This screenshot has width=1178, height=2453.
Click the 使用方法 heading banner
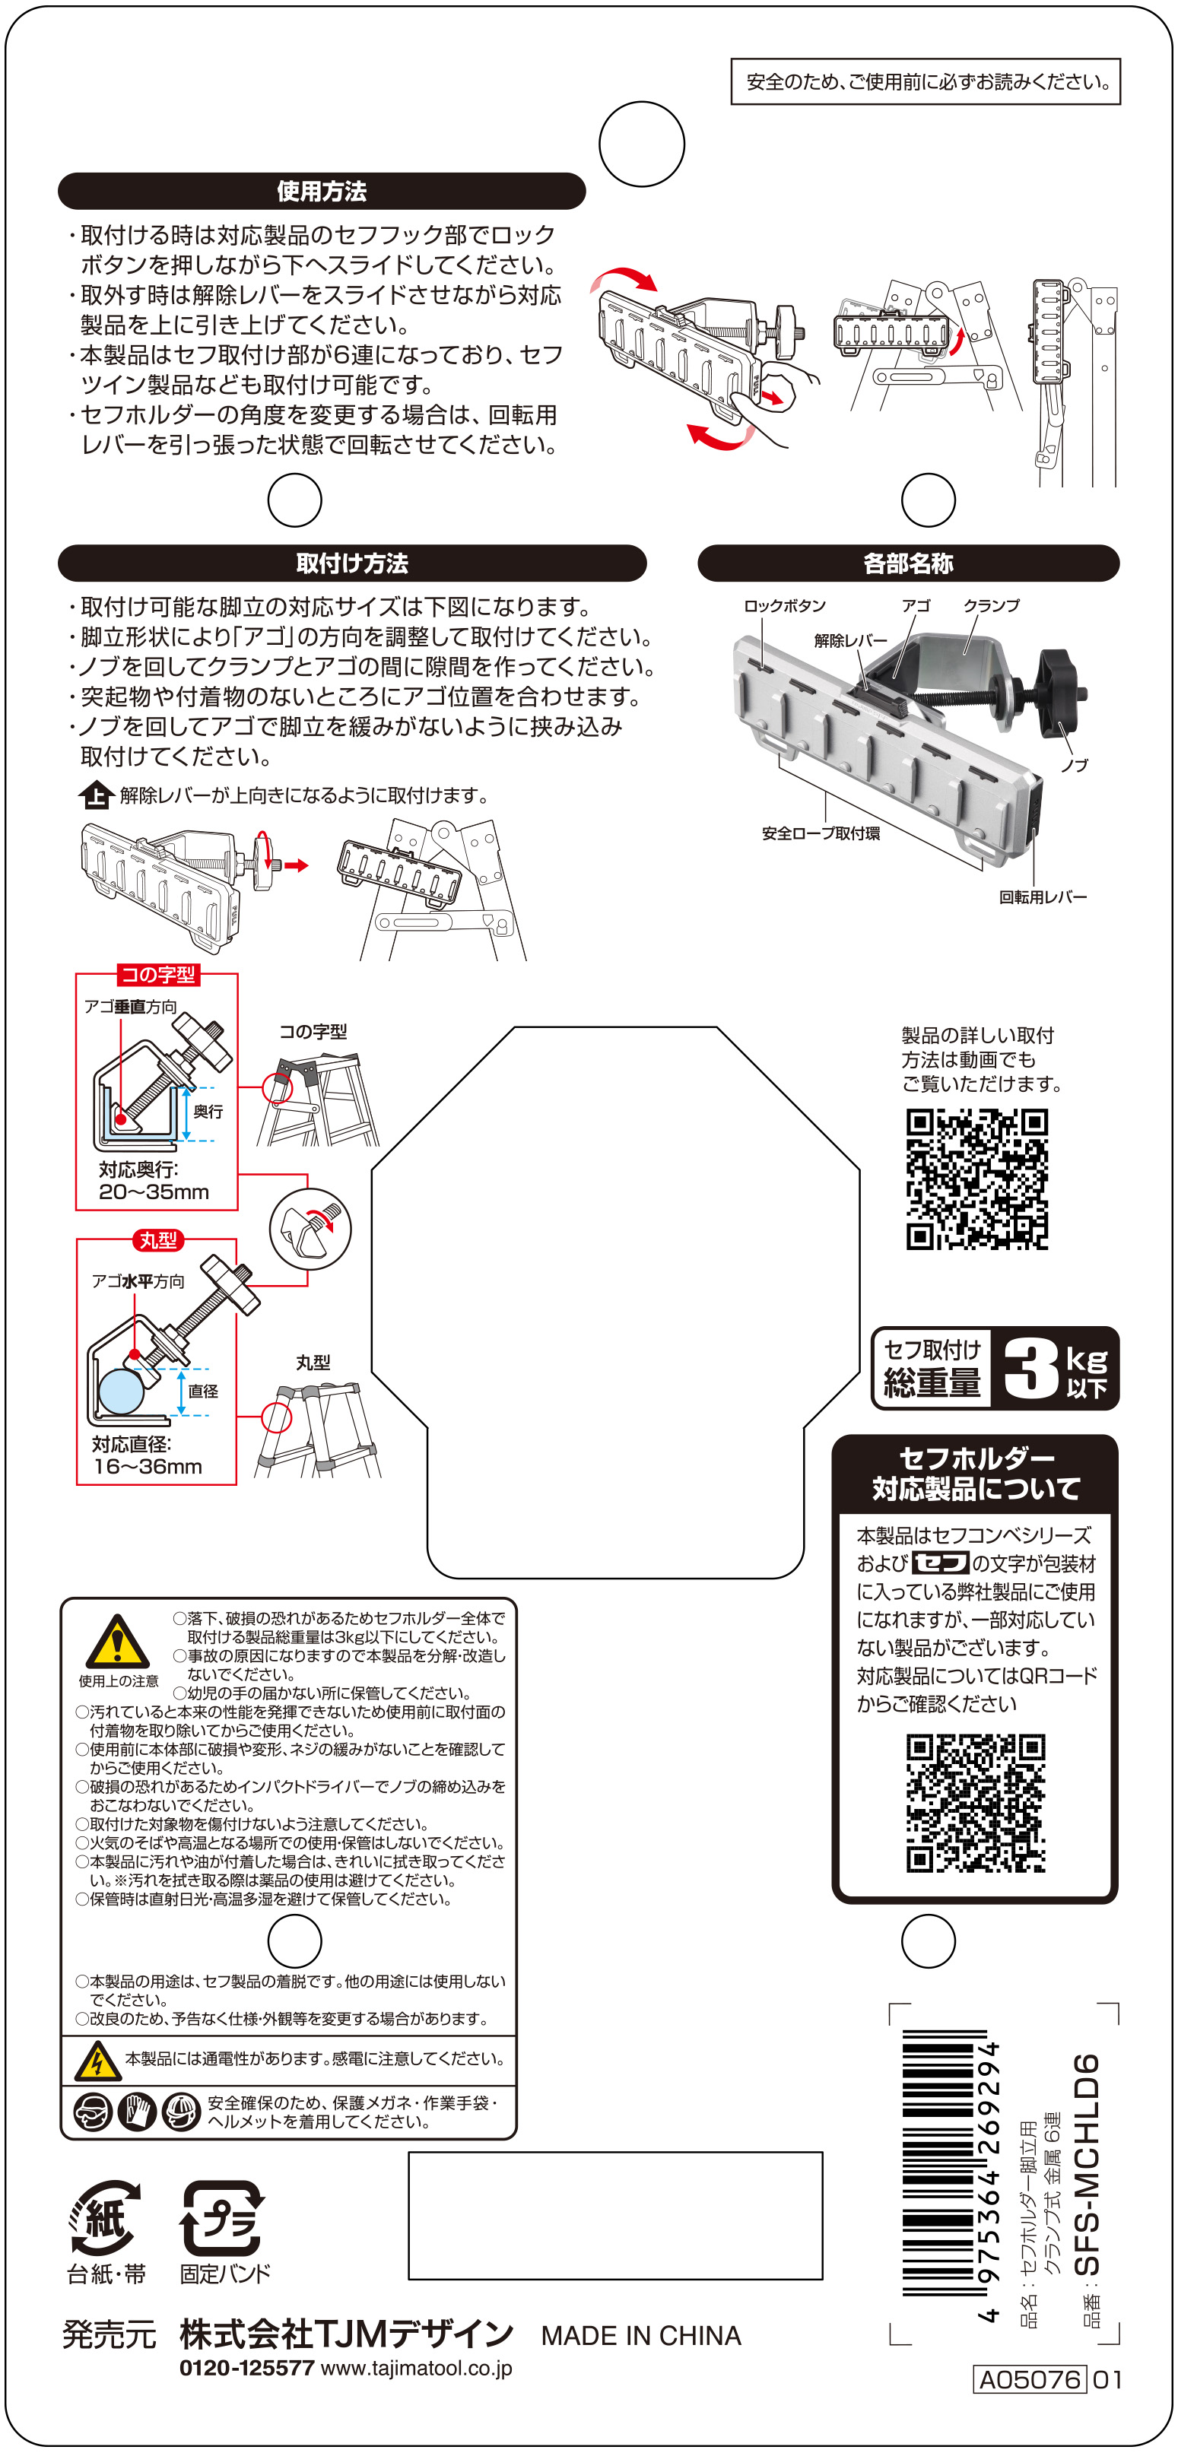322,190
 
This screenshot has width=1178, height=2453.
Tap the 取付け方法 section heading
352,563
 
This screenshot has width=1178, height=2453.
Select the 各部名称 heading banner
909,563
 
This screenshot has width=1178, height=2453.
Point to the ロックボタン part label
785,605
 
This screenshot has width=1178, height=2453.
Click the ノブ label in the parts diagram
1075,765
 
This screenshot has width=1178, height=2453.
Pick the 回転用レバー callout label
1043,897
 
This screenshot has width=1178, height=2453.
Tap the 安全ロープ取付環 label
821,833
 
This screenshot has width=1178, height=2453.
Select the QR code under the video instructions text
977,1179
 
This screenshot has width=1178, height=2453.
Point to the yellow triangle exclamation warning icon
117,1641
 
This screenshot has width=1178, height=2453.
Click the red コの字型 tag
158,974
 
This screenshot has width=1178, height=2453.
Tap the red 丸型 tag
158,1240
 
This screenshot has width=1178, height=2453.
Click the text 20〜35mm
154,1192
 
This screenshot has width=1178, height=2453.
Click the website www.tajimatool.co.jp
416,2369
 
